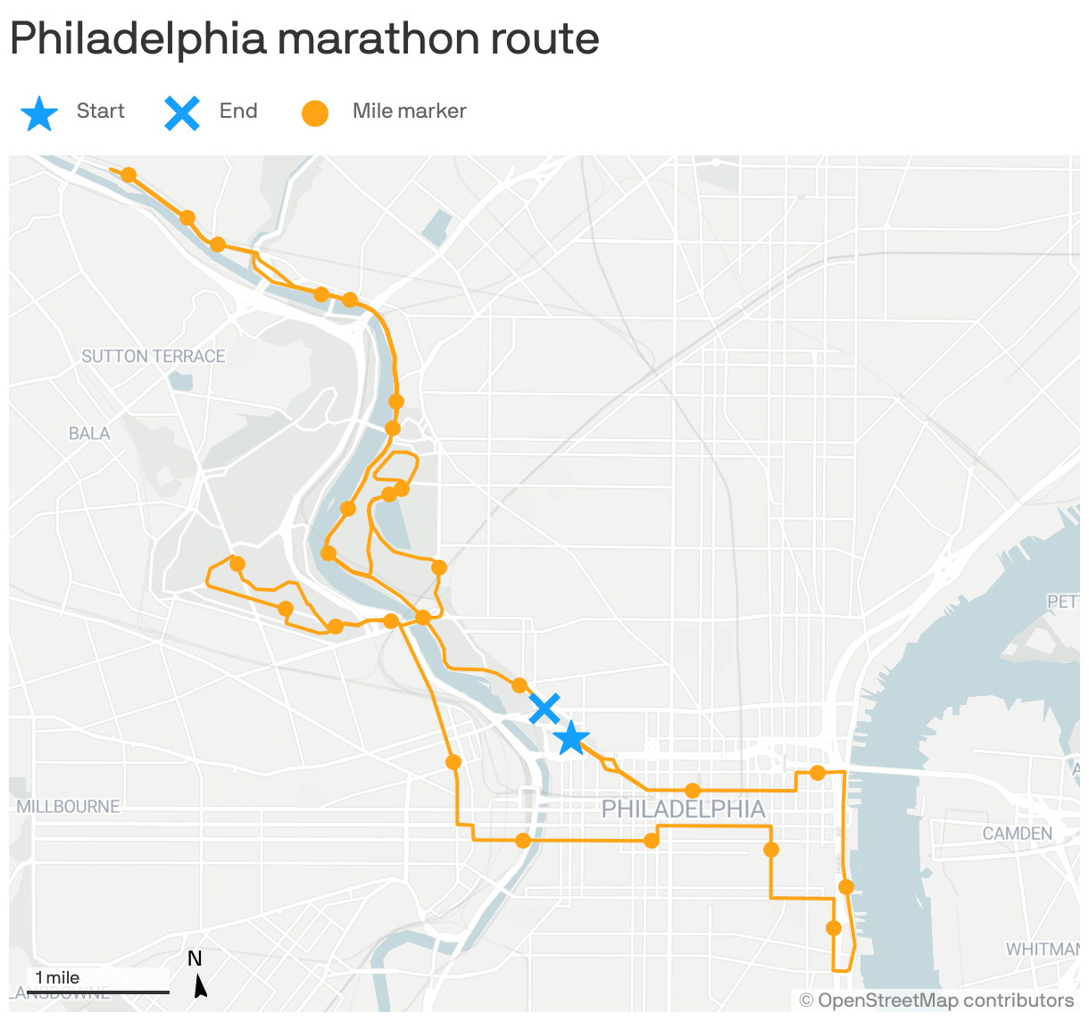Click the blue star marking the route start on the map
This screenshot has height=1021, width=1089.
coord(570,739)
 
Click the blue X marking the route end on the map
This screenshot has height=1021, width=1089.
coord(544,709)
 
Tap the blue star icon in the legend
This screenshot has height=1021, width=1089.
coord(39,113)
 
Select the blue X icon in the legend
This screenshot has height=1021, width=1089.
coord(182,112)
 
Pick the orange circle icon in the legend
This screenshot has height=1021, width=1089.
coord(315,113)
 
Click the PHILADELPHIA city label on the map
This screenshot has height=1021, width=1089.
coord(683,809)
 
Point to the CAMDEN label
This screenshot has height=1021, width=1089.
coord(1017,834)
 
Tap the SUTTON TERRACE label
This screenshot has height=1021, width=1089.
coord(154,356)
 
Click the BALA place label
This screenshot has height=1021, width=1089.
coord(89,434)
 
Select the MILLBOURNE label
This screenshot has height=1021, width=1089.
coord(68,807)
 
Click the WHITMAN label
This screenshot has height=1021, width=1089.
coord(1042,950)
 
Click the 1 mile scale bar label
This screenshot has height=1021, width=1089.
coord(57,978)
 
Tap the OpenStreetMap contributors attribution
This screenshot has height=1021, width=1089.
coord(936,1000)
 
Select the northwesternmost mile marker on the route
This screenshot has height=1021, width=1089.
coord(129,175)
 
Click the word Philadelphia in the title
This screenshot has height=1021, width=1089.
coord(138,38)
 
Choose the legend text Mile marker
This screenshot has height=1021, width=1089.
coord(409,111)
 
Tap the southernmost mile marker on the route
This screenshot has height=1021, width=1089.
coord(834,928)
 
